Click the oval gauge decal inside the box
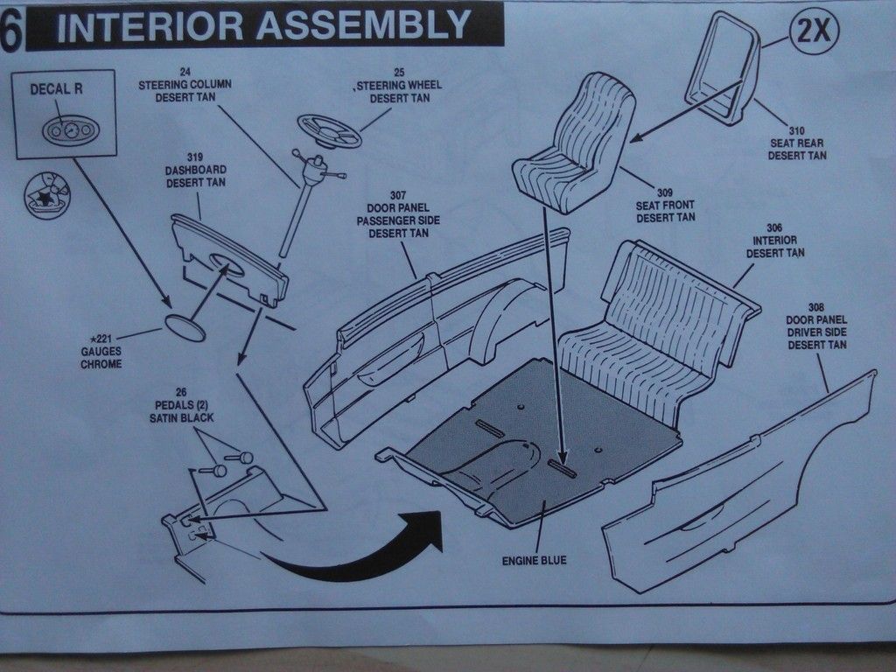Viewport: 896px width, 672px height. (x=71, y=131)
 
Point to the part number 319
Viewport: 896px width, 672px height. (x=195, y=157)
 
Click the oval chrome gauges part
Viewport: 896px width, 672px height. (x=185, y=328)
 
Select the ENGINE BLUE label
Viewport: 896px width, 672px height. (x=534, y=560)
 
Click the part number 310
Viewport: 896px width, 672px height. (x=796, y=129)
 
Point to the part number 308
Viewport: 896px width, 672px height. (x=815, y=307)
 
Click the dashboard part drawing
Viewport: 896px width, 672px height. (x=230, y=262)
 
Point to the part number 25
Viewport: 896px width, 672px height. (x=399, y=71)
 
